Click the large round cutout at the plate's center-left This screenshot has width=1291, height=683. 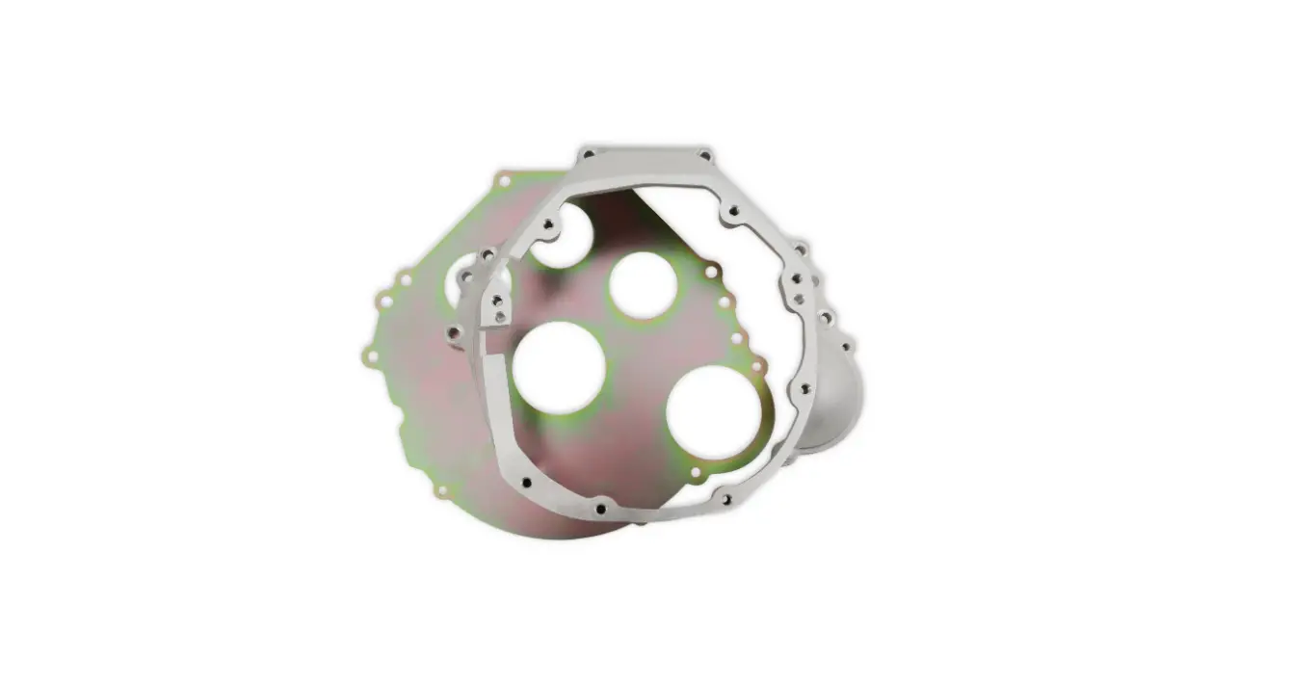559,367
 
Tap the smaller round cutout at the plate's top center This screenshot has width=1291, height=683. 642,284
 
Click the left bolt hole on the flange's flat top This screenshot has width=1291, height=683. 587,154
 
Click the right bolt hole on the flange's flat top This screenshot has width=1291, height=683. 704,155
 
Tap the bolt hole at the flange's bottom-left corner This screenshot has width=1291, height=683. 525,482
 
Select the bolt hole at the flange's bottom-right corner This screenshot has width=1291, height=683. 725,498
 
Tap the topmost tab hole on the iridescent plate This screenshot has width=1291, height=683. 504,180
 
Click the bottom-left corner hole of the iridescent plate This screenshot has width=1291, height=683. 441,490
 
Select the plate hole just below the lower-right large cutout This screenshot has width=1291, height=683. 697,472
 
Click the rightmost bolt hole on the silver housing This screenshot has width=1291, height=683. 848,343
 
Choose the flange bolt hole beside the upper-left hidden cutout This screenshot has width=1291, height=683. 550,223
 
